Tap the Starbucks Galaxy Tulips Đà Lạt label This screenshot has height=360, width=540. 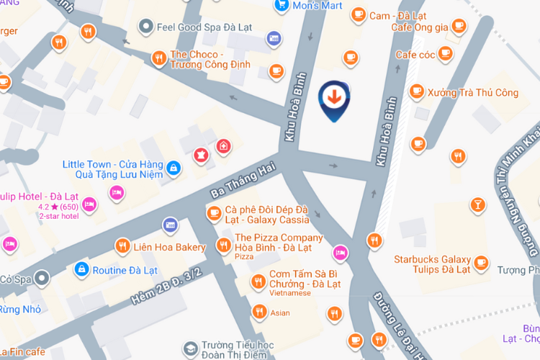[432, 264]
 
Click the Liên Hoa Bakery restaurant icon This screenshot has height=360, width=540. [123, 247]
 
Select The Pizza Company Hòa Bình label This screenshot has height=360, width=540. [279, 243]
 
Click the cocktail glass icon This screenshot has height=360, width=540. [477, 205]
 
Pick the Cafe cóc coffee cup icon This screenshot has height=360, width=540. [446, 55]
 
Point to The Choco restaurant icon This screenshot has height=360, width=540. [158, 58]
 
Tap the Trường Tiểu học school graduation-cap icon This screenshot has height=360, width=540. [190, 348]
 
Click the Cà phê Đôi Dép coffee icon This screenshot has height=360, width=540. [214, 212]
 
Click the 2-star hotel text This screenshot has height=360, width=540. [59, 216]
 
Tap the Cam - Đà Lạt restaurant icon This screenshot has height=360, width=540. [358, 14]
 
